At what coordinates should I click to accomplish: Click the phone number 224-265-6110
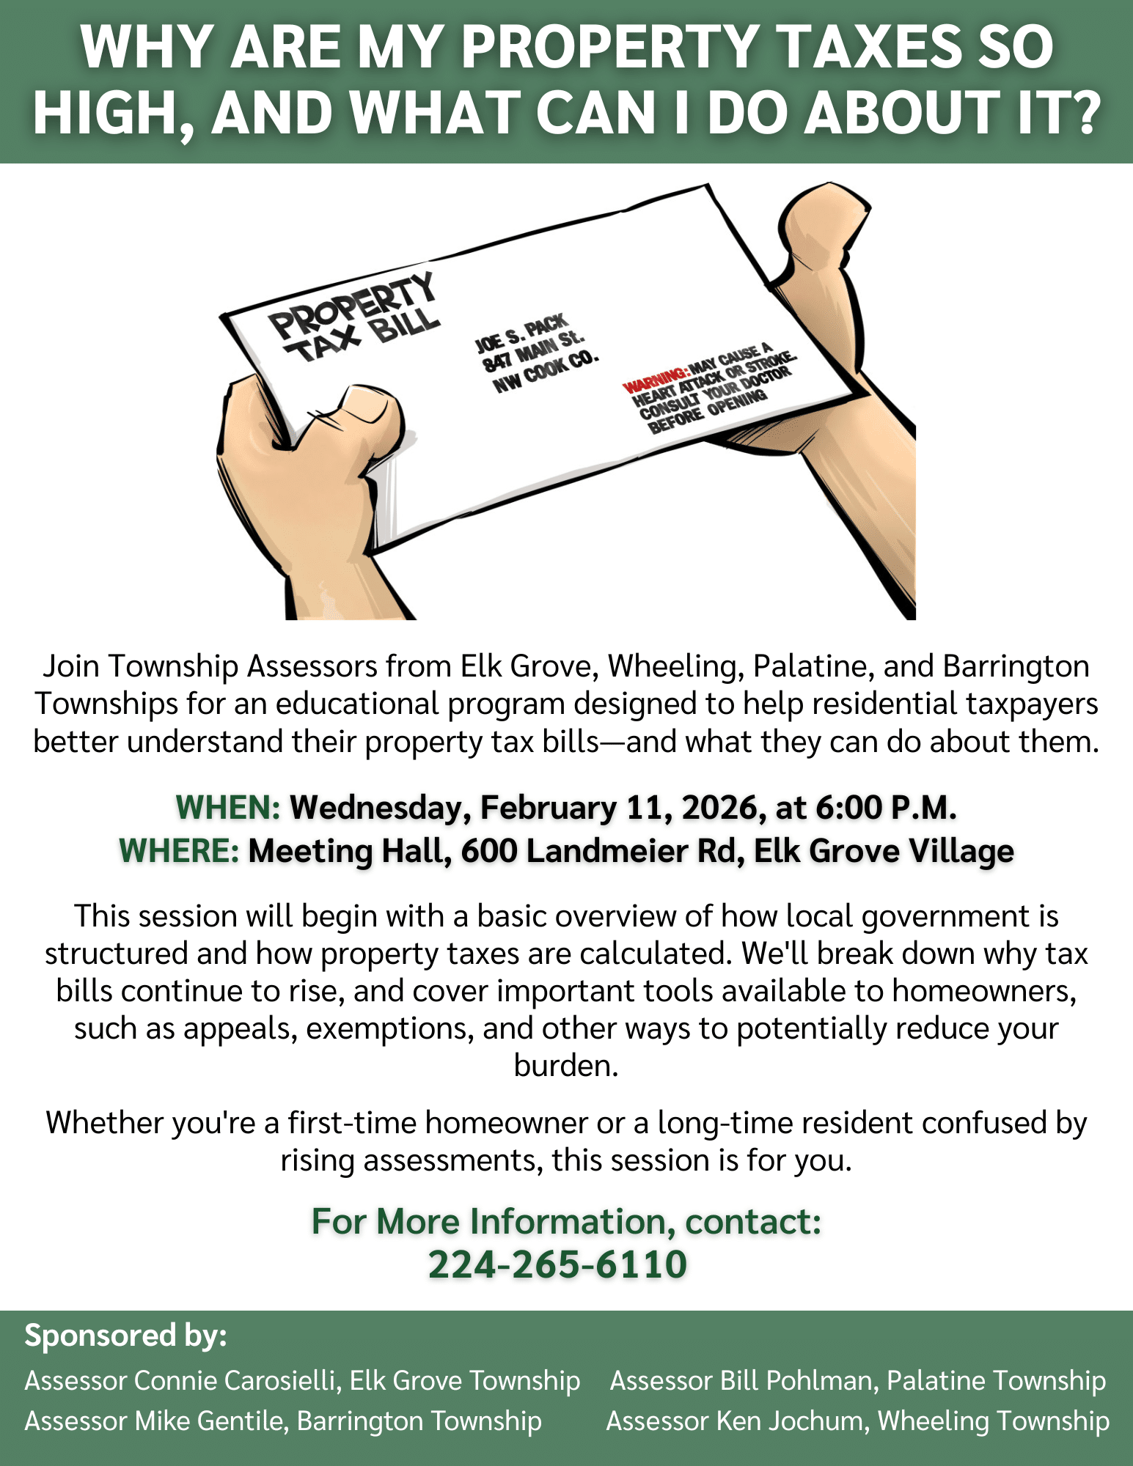click(x=557, y=1264)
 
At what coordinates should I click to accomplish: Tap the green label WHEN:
click(x=228, y=808)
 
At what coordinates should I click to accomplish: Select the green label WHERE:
click(x=179, y=851)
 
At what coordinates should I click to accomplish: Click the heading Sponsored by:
click(x=126, y=1336)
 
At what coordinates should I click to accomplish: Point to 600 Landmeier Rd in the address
click(x=598, y=851)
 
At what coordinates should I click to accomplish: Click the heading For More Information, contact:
click(x=566, y=1222)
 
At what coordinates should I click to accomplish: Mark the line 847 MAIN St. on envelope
click(x=533, y=351)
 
